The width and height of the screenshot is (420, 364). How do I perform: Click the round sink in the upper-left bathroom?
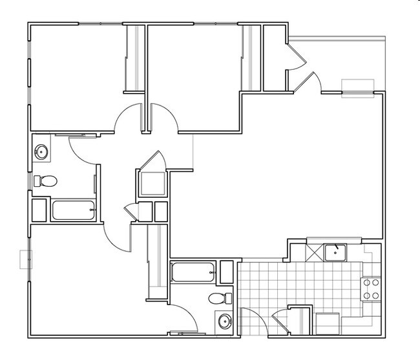coord(41,153)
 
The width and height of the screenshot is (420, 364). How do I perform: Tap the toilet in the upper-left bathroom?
coord(45,181)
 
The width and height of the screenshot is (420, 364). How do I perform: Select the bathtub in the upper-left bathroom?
coord(74,210)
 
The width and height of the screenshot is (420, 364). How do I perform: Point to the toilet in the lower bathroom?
coord(220,298)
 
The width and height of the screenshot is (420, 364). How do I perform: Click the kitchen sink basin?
coord(335,252)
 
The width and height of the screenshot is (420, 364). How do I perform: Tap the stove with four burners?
coord(370,289)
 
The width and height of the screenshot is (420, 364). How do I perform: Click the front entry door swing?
coord(311,82)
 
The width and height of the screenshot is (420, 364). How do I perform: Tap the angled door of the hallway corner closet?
coord(152,162)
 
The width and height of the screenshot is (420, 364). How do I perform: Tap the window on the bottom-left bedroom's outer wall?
coord(26,259)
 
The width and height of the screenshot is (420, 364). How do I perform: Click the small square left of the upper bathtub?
coord(39,211)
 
